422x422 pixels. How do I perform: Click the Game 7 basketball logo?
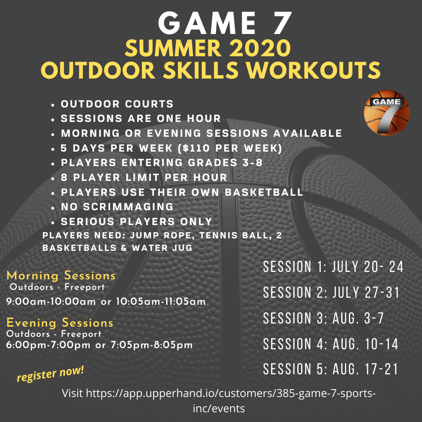coord(387,113)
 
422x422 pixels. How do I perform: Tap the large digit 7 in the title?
coord(279,24)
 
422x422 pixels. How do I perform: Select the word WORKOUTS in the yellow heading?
coord(313,70)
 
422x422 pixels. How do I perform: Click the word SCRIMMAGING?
coord(128,207)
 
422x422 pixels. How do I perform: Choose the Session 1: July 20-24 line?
coord(333,267)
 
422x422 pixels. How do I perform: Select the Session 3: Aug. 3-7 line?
coord(323,318)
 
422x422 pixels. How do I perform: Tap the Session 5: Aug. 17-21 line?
coord(331,369)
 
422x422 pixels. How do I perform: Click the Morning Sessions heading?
coord(61,275)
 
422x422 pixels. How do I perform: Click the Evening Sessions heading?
coord(60,323)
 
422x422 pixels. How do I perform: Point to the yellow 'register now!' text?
coord(50,374)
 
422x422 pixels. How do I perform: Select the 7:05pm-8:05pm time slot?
coord(152,345)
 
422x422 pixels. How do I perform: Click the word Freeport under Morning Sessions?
coord(85,287)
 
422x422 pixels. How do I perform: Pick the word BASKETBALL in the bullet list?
coord(264,192)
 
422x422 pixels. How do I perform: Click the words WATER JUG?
coord(162,248)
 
